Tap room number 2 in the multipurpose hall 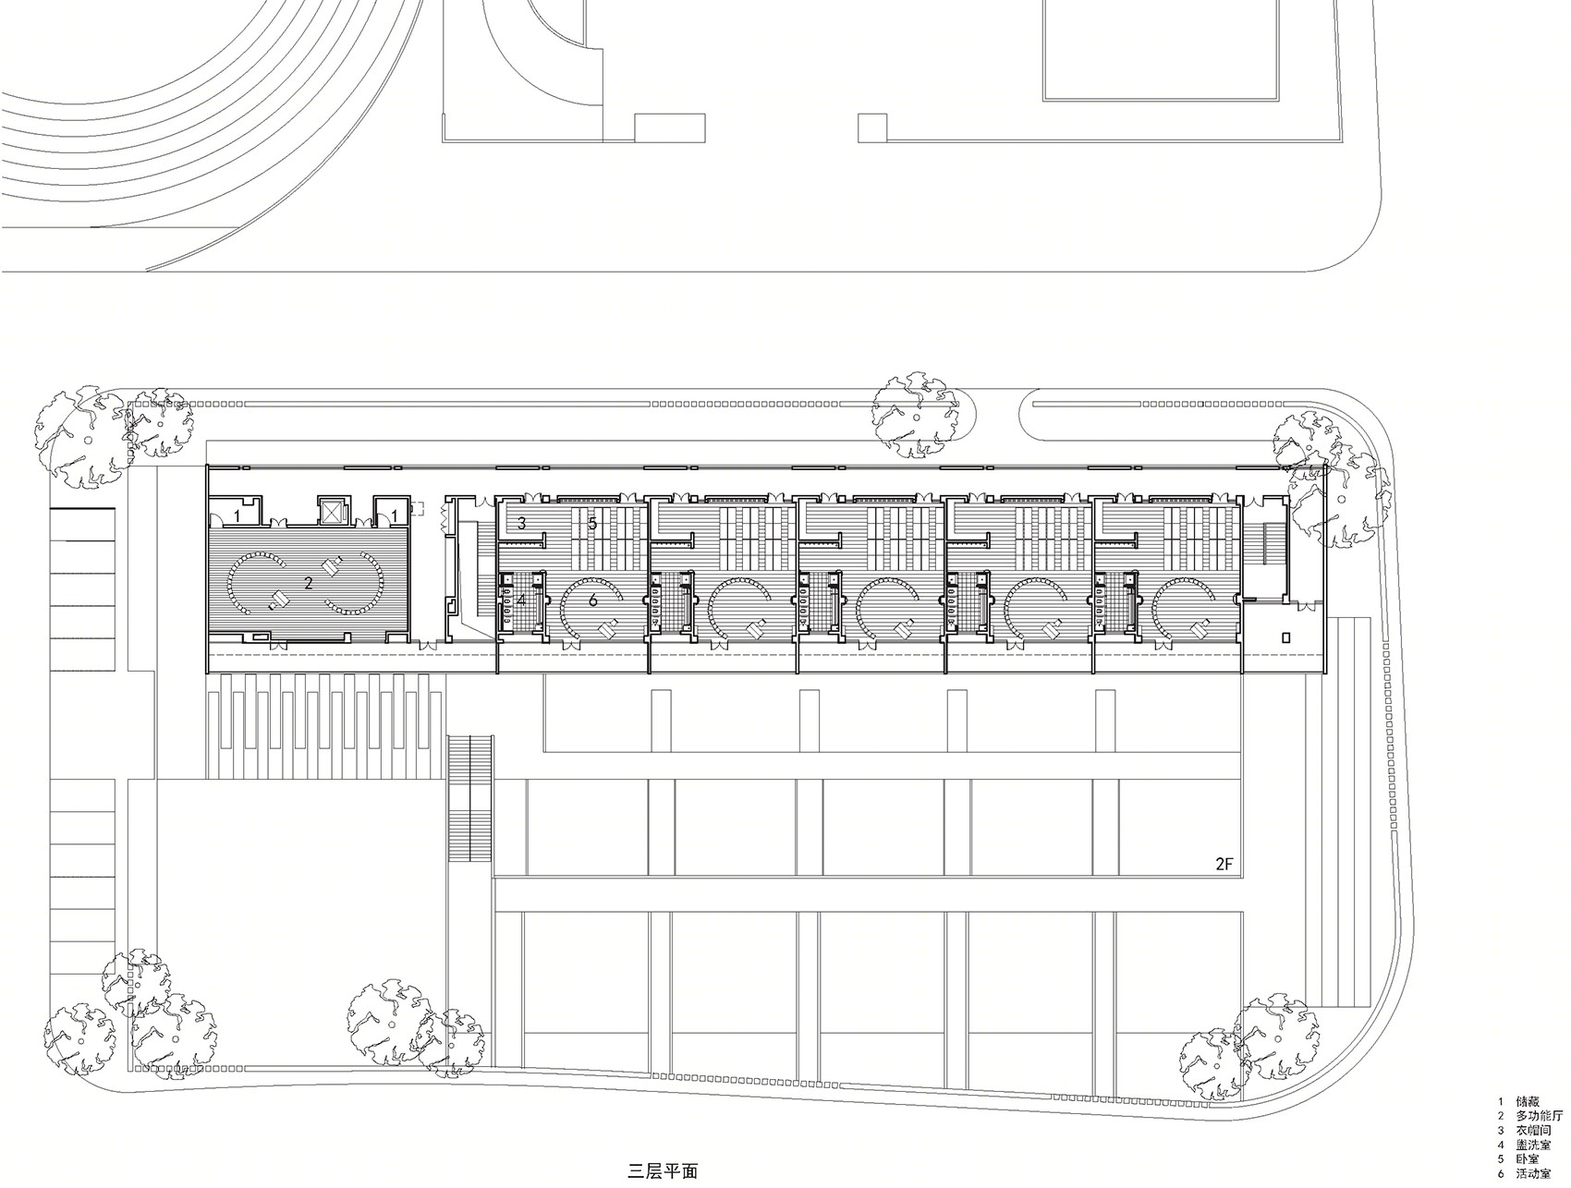[x=309, y=583]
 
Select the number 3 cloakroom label [x=521, y=523]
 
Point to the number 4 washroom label [x=521, y=600]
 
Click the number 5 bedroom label [x=592, y=524]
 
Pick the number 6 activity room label [x=592, y=600]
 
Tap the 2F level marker [x=1224, y=865]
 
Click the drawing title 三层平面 [x=663, y=1171]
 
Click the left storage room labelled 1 [x=237, y=514]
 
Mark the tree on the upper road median [x=916, y=414]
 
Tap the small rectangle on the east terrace [x=1286, y=636]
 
